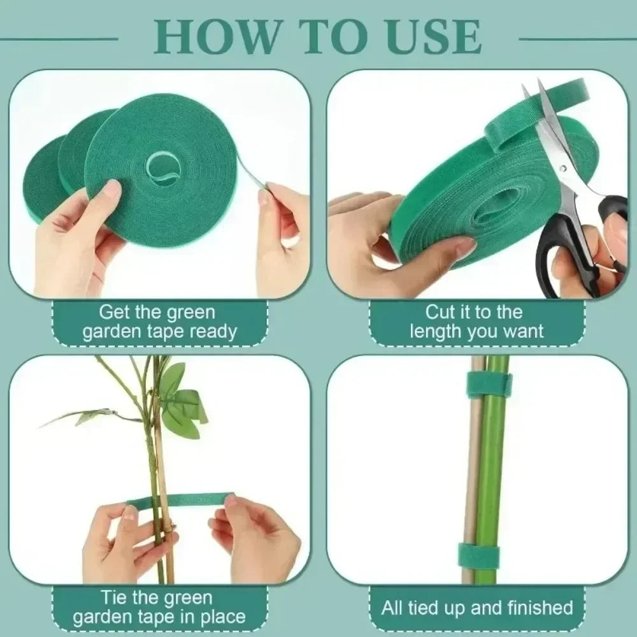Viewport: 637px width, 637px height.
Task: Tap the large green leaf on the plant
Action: pyautogui.click(x=175, y=408)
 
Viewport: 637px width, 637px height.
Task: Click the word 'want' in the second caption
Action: pyautogui.click(x=522, y=331)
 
